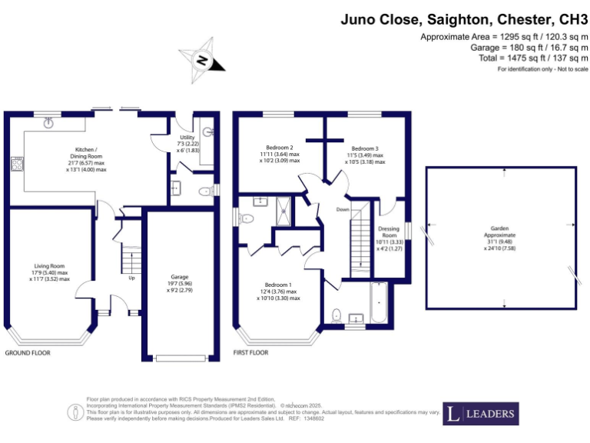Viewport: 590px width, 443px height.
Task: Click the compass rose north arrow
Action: pos(202,60)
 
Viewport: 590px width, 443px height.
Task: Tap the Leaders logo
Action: pos(481,414)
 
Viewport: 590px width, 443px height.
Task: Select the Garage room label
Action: pos(180,281)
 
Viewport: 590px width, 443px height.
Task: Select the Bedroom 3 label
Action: pos(365,155)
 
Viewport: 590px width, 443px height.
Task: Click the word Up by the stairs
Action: pos(132,278)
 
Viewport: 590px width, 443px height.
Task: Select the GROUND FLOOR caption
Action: pos(28,353)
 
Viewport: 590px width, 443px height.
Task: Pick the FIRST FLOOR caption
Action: pos(250,353)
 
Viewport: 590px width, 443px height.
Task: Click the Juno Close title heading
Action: pos(464,19)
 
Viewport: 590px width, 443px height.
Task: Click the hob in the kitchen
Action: pos(15,163)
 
